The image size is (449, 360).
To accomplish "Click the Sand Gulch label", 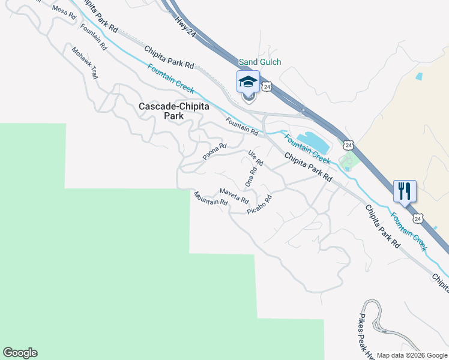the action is point(260,62).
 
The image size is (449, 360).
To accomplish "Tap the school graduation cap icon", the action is point(248,82).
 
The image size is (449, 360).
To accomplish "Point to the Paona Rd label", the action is point(214,152).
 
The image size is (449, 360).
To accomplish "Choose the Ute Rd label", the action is point(256,158).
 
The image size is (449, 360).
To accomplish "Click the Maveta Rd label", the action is point(234,194).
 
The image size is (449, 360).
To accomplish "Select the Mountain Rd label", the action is point(211,199).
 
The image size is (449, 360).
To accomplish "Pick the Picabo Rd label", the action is point(259,205).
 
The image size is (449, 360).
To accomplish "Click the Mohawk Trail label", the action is point(85,63).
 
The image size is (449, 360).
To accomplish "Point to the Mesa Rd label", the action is point(65,13).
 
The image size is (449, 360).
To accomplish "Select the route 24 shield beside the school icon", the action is point(268,87).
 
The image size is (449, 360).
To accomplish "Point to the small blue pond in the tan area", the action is point(418,77).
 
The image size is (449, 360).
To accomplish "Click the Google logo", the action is point(20,353).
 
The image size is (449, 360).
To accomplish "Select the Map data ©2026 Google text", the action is point(412,355).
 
